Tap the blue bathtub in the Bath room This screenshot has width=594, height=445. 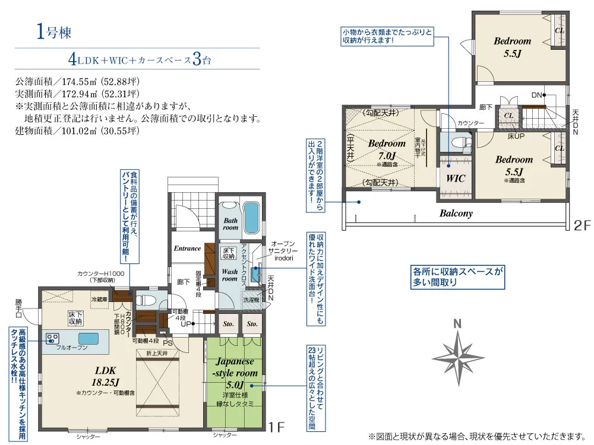pyautogui.click(x=251, y=218)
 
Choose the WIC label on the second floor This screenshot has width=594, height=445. pyautogui.click(x=455, y=178)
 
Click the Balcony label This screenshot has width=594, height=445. pyautogui.click(x=456, y=213)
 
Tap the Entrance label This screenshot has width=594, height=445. pyautogui.click(x=187, y=248)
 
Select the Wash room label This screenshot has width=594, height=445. pyautogui.click(x=229, y=275)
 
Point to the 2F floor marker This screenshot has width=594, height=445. pyautogui.click(x=583, y=225)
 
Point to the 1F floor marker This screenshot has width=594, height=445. pyautogui.click(x=274, y=426)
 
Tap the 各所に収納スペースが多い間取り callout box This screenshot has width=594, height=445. pyautogui.click(x=458, y=277)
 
